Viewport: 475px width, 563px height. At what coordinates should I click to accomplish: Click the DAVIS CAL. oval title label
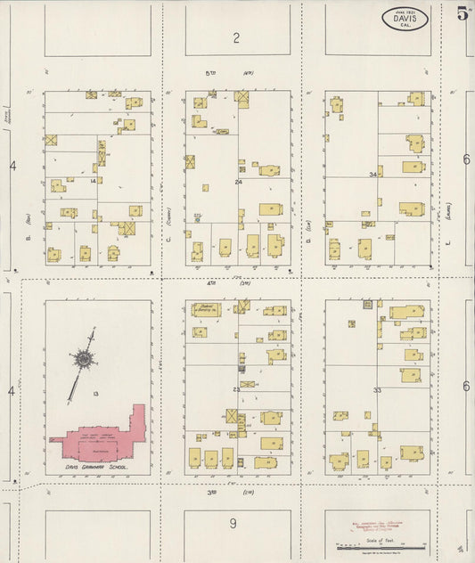(405, 19)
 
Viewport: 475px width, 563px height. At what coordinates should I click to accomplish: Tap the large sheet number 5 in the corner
(463, 12)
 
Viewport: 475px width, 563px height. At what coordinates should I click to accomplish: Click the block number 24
(238, 182)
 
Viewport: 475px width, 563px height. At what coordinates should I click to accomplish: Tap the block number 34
(373, 175)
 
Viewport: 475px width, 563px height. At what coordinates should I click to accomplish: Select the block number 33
(377, 390)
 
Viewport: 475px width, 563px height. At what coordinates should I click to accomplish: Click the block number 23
(236, 390)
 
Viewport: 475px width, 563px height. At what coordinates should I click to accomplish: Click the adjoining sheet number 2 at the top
(237, 37)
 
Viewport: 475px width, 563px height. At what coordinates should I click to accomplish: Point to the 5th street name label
(212, 73)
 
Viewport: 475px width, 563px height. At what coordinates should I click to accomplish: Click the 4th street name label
(212, 283)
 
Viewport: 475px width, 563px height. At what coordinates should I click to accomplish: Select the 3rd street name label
(212, 492)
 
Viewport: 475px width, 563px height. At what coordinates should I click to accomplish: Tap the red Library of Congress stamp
(375, 521)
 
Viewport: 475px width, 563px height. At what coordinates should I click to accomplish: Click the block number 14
(93, 181)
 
